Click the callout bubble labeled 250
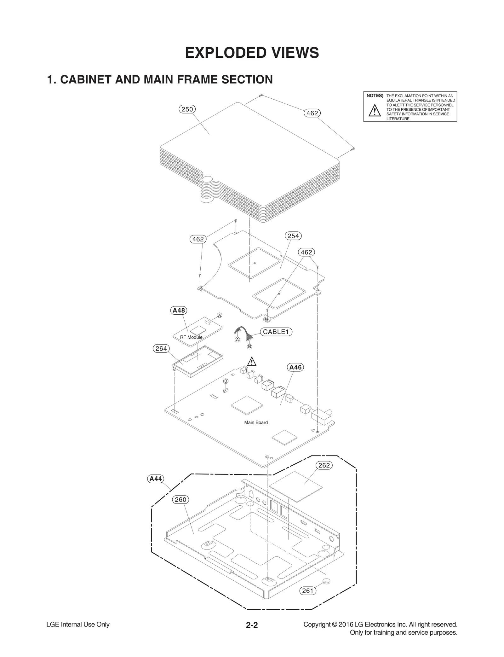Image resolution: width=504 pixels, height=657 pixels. pos(187,109)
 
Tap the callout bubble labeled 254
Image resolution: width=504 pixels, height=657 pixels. pos(293,236)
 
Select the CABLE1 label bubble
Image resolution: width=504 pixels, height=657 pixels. pos(276,332)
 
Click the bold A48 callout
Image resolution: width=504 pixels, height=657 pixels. pos(179,310)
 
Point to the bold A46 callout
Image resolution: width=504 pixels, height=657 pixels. pos(295,367)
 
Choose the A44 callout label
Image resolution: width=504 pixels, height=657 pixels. pos(156,479)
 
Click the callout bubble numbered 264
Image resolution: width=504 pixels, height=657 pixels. pos(161,348)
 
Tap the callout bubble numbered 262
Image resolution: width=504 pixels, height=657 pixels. pos(324,465)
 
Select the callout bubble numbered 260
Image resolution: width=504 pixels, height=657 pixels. pos(180,499)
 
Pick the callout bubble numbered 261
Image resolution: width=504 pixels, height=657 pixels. pos(307,590)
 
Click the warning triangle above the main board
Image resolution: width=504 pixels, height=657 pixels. pos(251,362)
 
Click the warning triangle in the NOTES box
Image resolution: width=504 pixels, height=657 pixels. pos(375,110)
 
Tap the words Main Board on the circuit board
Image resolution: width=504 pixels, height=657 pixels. pos(256,422)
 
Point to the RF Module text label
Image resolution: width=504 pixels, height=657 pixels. pos(191,337)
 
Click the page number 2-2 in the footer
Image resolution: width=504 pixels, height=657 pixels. pos(252,625)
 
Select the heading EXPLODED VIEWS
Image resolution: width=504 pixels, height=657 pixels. pos(252,53)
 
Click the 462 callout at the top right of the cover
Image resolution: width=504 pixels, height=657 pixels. pos(312,113)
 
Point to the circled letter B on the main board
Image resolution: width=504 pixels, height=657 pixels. pos(226,381)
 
